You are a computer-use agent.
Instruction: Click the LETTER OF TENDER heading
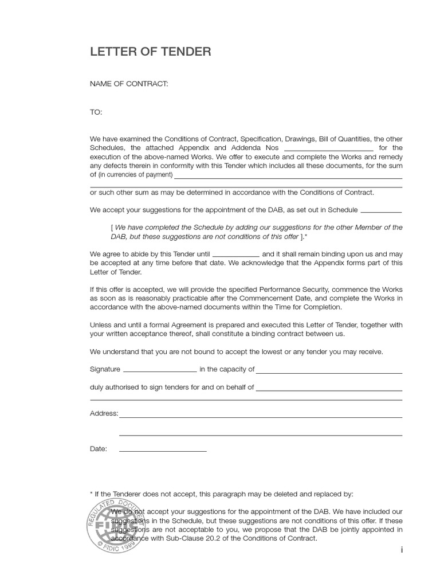(x=150, y=52)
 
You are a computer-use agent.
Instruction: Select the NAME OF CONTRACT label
(x=129, y=84)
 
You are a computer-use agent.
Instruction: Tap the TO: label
(x=96, y=112)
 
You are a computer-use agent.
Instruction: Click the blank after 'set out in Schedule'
(x=382, y=211)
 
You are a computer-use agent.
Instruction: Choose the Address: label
(x=104, y=413)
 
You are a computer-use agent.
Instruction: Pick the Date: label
(x=98, y=449)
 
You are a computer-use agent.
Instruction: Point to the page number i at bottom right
(x=402, y=550)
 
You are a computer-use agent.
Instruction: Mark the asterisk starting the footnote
(x=91, y=494)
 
